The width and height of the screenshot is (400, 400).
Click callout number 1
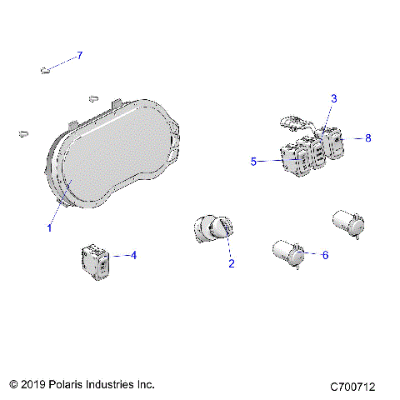(x=49, y=227)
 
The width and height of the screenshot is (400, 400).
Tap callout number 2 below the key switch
(x=232, y=264)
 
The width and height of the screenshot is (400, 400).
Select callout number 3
(x=333, y=98)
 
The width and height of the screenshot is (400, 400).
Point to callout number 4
(x=133, y=255)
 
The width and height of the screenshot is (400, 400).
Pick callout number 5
(x=253, y=162)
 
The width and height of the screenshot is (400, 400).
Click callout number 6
(x=325, y=255)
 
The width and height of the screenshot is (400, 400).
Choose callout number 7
(x=80, y=56)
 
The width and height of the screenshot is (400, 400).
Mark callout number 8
(x=368, y=138)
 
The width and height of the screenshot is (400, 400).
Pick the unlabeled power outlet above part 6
(x=348, y=223)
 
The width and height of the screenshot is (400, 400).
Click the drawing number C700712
(x=352, y=387)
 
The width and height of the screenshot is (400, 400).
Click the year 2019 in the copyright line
(x=36, y=385)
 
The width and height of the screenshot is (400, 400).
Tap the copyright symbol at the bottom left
(x=14, y=385)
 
